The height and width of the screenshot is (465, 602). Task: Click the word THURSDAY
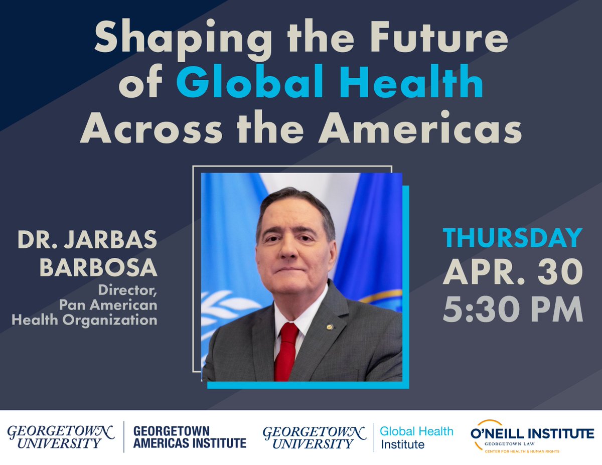512,238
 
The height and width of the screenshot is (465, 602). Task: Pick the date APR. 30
512,273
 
